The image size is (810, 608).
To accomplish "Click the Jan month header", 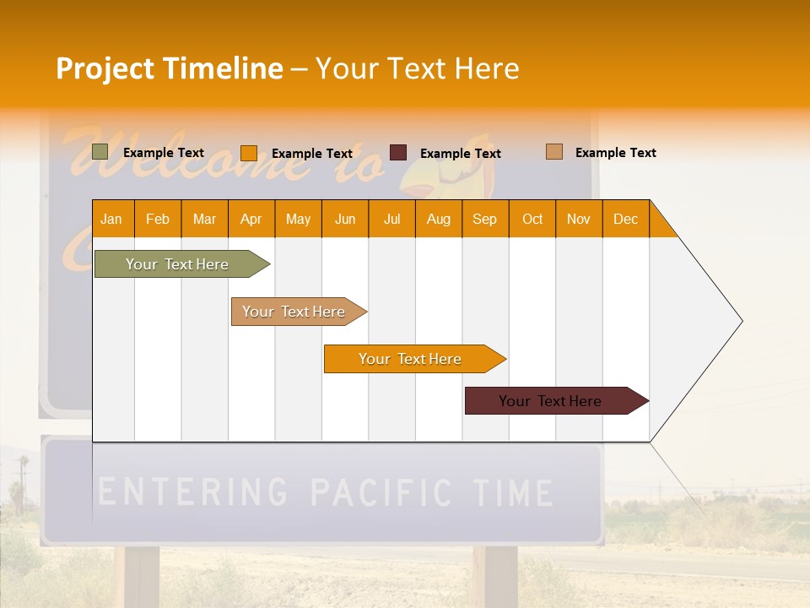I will (x=112, y=219).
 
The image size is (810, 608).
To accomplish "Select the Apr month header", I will (x=251, y=219).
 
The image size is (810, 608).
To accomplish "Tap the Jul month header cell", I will (x=391, y=219).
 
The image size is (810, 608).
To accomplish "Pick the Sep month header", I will (x=484, y=219).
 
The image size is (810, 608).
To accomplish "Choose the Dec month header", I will (x=625, y=219).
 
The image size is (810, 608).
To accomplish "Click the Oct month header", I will (x=532, y=219).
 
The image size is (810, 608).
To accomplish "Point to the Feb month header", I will (x=158, y=219).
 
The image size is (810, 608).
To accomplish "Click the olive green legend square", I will (x=100, y=152).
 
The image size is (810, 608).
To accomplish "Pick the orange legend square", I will (x=249, y=153).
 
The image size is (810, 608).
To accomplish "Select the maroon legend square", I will (x=398, y=152).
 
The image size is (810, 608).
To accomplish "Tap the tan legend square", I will (x=554, y=152).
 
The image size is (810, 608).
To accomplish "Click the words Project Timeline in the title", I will (x=170, y=68).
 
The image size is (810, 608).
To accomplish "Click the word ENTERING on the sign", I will (x=193, y=491).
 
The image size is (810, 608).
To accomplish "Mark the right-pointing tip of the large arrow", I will (x=740, y=321).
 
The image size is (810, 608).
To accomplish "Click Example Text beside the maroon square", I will (x=461, y=153).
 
